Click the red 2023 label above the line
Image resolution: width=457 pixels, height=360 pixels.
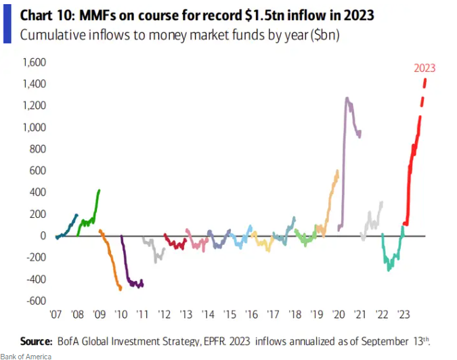click(425, 68)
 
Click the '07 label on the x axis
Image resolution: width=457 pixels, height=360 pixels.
click(56, 316)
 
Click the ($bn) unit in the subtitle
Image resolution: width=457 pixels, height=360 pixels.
click(324, 35)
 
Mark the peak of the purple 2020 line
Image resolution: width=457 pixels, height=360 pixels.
click(347, 98)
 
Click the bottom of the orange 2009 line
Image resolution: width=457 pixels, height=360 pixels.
click(121, 289)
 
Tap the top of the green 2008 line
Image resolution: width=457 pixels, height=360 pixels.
click(100, 190)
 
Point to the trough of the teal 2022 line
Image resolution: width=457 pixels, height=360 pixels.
click(389, 270)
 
